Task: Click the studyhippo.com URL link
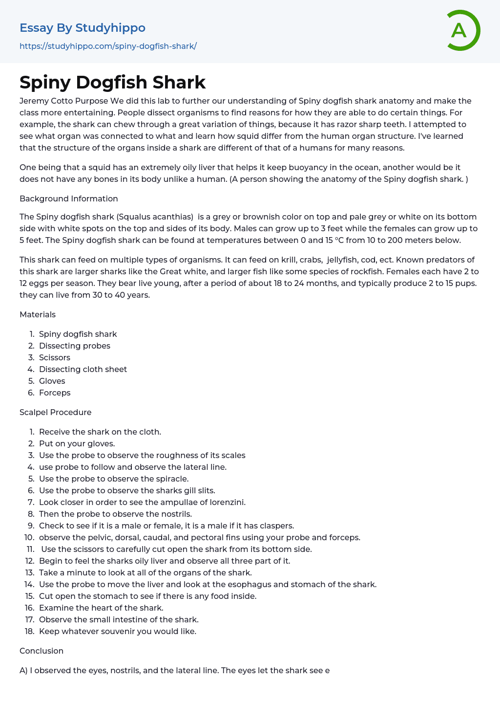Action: coord(108,46)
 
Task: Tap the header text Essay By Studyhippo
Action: coord(83,28)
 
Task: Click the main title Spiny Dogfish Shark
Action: coord(112,82)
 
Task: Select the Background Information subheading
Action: coord(69,198)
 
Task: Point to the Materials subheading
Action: coord(38,314)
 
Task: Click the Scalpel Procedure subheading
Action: coord(56,412)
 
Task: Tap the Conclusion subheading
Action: coord(42,651)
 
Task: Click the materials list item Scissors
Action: coord(55,357)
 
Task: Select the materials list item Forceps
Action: coord(55,393)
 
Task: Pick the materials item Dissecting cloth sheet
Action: coord(83,369)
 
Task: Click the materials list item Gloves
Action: coord(52,381)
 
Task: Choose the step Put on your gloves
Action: coord(77,443)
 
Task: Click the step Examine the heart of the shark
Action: coord(101,608)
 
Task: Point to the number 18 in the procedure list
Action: coord(29,631)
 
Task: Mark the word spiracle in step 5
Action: coord(171,479)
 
